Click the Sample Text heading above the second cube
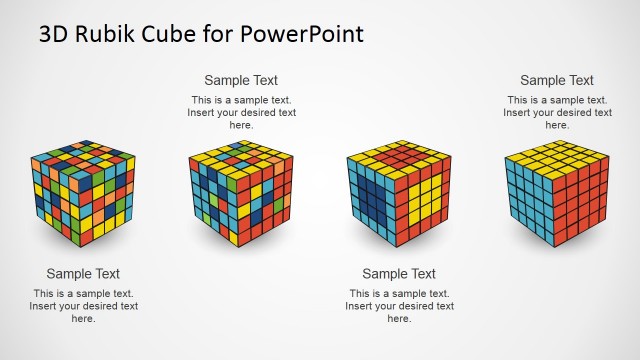pos(241,80)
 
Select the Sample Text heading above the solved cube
pos(557,80)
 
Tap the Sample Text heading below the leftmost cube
pos(83,273)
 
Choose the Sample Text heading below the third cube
pos(399,273)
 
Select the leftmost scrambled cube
pos(82,195)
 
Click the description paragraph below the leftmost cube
pos(83,306)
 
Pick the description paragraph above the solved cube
pos(557,112)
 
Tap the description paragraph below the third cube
pos(399,306)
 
